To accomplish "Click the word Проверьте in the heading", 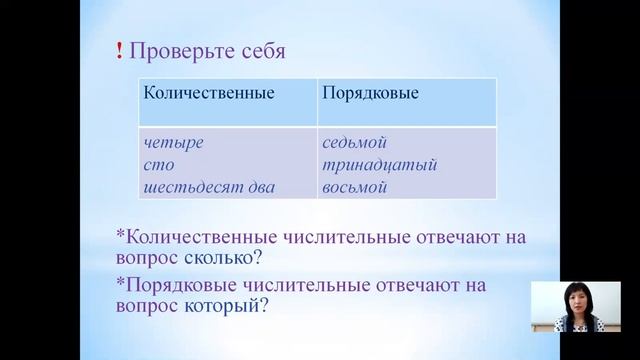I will tap(176, 51).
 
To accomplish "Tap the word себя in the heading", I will tap(257, 51).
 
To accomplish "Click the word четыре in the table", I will tap(174, 143).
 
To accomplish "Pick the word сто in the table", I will tap(159, 163).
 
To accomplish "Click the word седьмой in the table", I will tap(354, 143).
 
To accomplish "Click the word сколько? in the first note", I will tap(226, 261).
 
